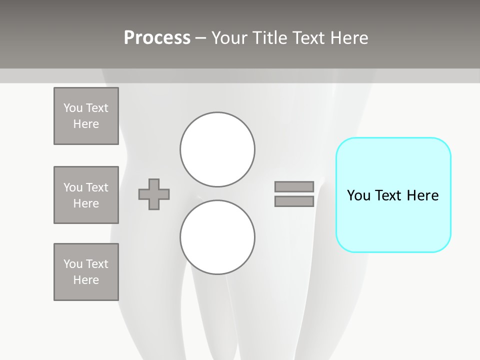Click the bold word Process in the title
point(157,38)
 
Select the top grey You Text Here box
point(86,116)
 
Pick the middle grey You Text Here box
point(86,195)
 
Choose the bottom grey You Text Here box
point(86,272)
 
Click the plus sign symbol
point(154,194)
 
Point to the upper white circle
point(217,149)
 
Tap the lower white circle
point(217,237)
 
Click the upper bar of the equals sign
point(294,186)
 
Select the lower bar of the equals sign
point(294,201)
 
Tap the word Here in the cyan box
point(422,195)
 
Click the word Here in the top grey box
point(86,124)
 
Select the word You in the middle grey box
point(72,187)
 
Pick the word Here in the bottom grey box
point(86,280)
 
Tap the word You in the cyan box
point(359,195)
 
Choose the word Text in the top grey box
point(97,108)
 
